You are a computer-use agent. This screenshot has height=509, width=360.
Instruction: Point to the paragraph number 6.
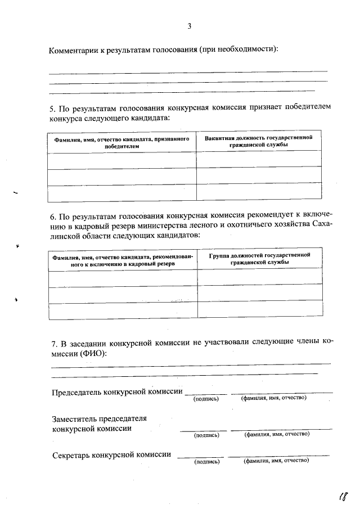click(x=52, y=215)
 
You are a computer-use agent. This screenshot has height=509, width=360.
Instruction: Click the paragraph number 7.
click(x=53, y=343)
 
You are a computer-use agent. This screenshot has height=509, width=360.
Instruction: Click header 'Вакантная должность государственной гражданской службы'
click(x=259, y=141)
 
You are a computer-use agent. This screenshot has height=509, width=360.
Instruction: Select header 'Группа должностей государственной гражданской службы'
click(x=259, y=259)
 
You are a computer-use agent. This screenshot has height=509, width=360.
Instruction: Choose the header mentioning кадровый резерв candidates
click(x=121, y=259)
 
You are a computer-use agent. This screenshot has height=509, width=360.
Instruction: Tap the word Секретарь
click(x=70, y=455)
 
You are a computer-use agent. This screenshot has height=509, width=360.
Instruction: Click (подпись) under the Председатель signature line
click(x=205, y=399)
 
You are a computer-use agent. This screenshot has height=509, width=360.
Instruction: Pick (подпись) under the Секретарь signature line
click(x=206, y=462)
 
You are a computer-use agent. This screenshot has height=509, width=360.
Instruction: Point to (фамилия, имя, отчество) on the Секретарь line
click(x=276, y=461)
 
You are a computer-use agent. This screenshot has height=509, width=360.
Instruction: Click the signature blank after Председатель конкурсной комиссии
click(x=206, y=392)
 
